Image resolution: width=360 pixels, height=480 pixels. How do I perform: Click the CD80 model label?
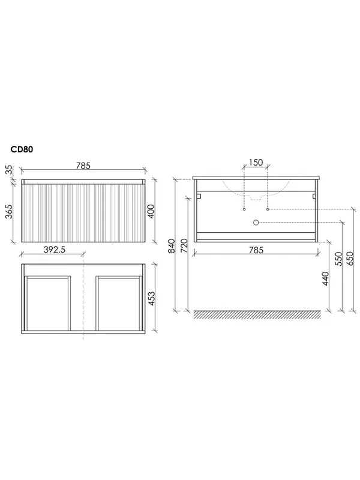[x=22, y=149]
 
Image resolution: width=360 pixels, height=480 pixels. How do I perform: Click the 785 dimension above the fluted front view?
[x=83, y=166]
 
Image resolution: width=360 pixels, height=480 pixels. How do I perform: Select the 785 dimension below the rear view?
[x=256, y=250]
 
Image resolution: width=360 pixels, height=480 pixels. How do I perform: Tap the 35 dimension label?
[x=10, y=170]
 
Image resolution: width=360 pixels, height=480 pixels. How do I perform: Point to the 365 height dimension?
[x=9, y=212]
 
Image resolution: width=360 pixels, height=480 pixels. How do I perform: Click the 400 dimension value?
[x=151, y=211]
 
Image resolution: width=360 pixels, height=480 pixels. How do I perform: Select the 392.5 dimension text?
[x=55, y=250]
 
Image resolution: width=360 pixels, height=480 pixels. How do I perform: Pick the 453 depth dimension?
[x=152, y=299]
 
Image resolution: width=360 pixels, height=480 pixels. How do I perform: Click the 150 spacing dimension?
[x=256, y=162]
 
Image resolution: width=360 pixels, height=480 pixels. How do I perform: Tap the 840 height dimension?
[x=172, y=246]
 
